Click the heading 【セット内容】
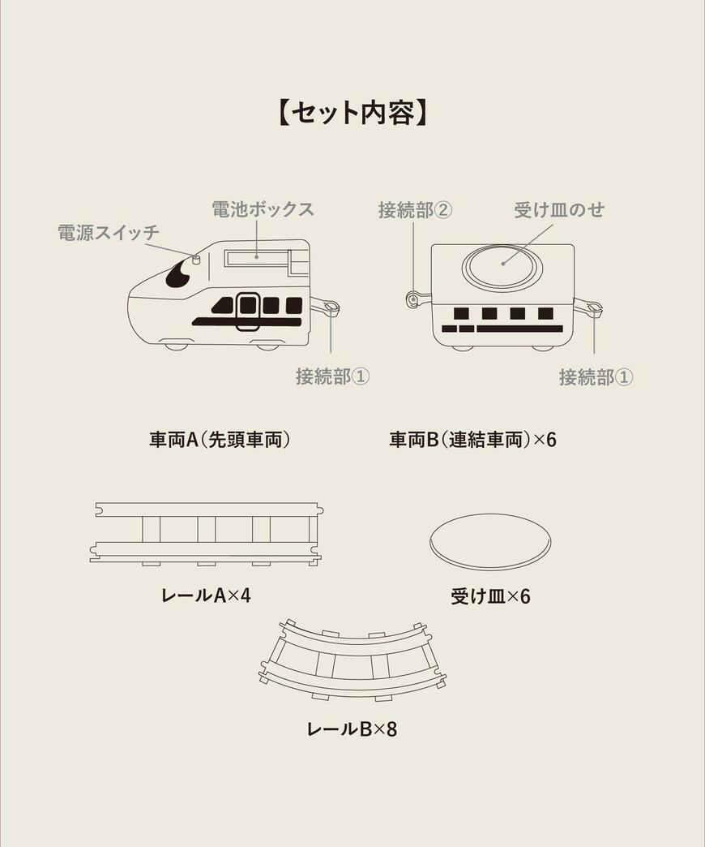point(352,113)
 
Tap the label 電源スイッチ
point(109,233)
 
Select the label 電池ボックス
point(263,209)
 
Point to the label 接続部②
point(415,210)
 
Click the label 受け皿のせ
point(559,210)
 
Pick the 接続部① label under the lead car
point(332,376)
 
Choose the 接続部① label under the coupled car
point(596,377)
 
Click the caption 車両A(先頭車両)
point(220,440)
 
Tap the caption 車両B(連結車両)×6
point(472,440)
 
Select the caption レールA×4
point(206,595)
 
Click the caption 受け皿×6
point(490,596)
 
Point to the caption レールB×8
point(352,729)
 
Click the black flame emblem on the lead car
point(177,275)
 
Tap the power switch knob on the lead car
point(195,260)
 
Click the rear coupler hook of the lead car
point(327,307)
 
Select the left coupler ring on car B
point(414,300)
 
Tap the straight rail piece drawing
point(207,532)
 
